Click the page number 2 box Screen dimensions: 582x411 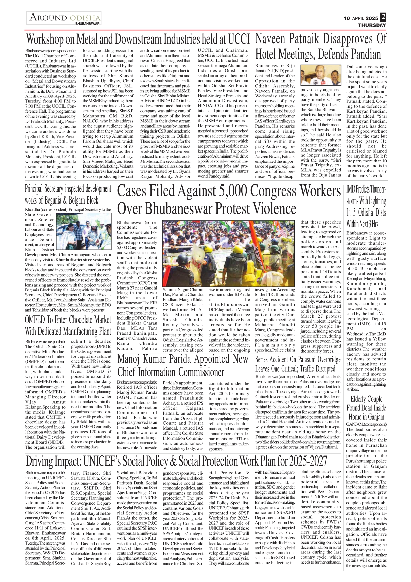(x=383, y=17)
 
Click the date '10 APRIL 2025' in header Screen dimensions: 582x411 (x=361, y=18)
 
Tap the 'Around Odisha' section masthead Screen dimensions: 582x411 (x=65, y=17)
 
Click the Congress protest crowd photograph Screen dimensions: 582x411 (x=231, y=253)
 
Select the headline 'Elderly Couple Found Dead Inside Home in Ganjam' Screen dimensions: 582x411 (x=366, y=408)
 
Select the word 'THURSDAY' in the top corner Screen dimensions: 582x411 (x=372, y=25)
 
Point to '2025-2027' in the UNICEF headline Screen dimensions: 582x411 (x=308, y=461)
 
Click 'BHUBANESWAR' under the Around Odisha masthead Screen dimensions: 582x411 (x=87, y=24)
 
